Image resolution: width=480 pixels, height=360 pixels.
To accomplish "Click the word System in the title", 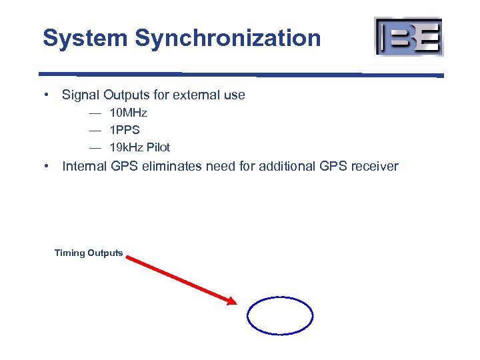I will point(85,38).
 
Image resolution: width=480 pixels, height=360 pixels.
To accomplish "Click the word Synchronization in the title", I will point(227,38).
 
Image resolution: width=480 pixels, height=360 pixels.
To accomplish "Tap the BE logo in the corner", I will point(409,36).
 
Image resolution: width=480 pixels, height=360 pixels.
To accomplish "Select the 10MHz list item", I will point(128,113).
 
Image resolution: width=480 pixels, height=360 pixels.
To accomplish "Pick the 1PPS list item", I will point(125,130).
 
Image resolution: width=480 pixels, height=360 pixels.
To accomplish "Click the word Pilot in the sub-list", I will point(158,147).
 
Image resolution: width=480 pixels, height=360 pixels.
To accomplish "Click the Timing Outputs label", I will point(89,253).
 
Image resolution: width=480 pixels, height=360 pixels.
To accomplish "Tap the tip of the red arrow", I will point(235,303).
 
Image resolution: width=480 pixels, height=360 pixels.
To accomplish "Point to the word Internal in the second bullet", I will point(85,166).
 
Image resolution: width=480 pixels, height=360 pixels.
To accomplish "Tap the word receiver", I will point(373,166).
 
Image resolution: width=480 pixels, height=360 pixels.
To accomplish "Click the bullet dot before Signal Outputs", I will point(48,95).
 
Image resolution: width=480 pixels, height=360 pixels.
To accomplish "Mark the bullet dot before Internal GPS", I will point(48,166).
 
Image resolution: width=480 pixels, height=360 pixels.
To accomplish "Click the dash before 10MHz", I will point(96,113).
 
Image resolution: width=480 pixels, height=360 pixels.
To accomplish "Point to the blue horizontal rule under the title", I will point(240,74).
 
